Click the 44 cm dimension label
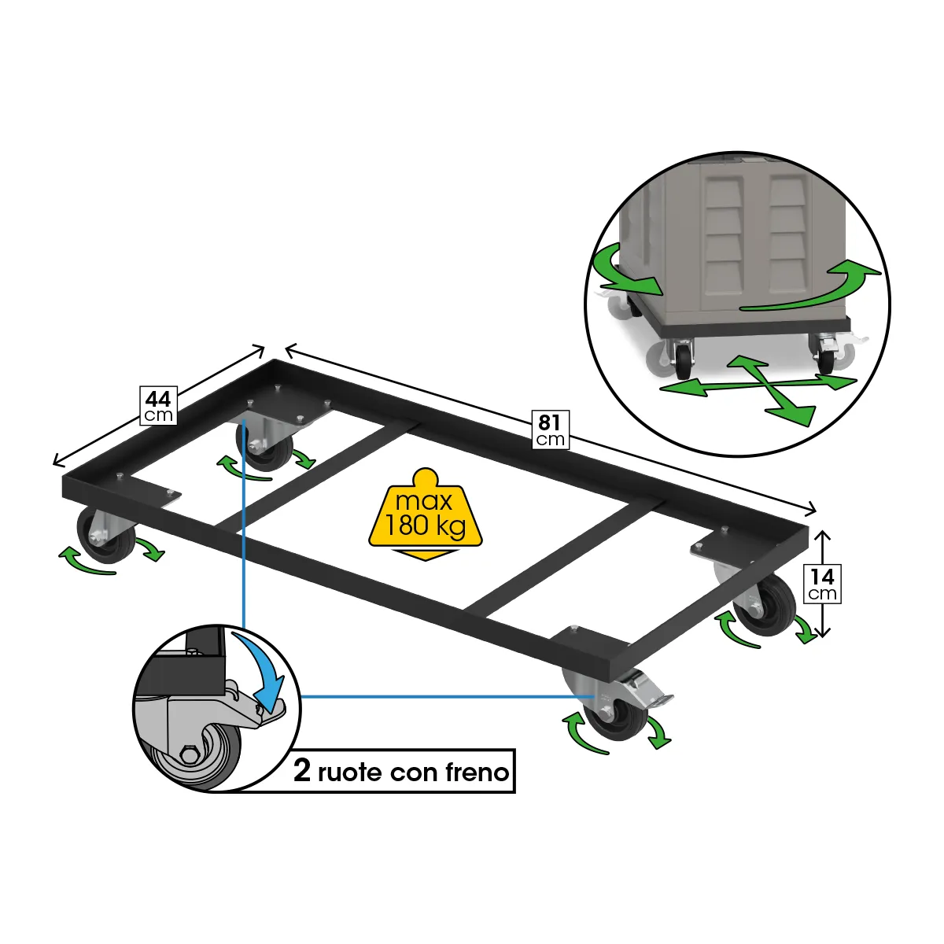coord(158,406)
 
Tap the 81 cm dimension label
coord(550,430)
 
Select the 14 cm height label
coord(823,584)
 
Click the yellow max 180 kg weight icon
coord(426,514)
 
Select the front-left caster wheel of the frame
coord(105,536)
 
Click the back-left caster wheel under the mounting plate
coord(264,448)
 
